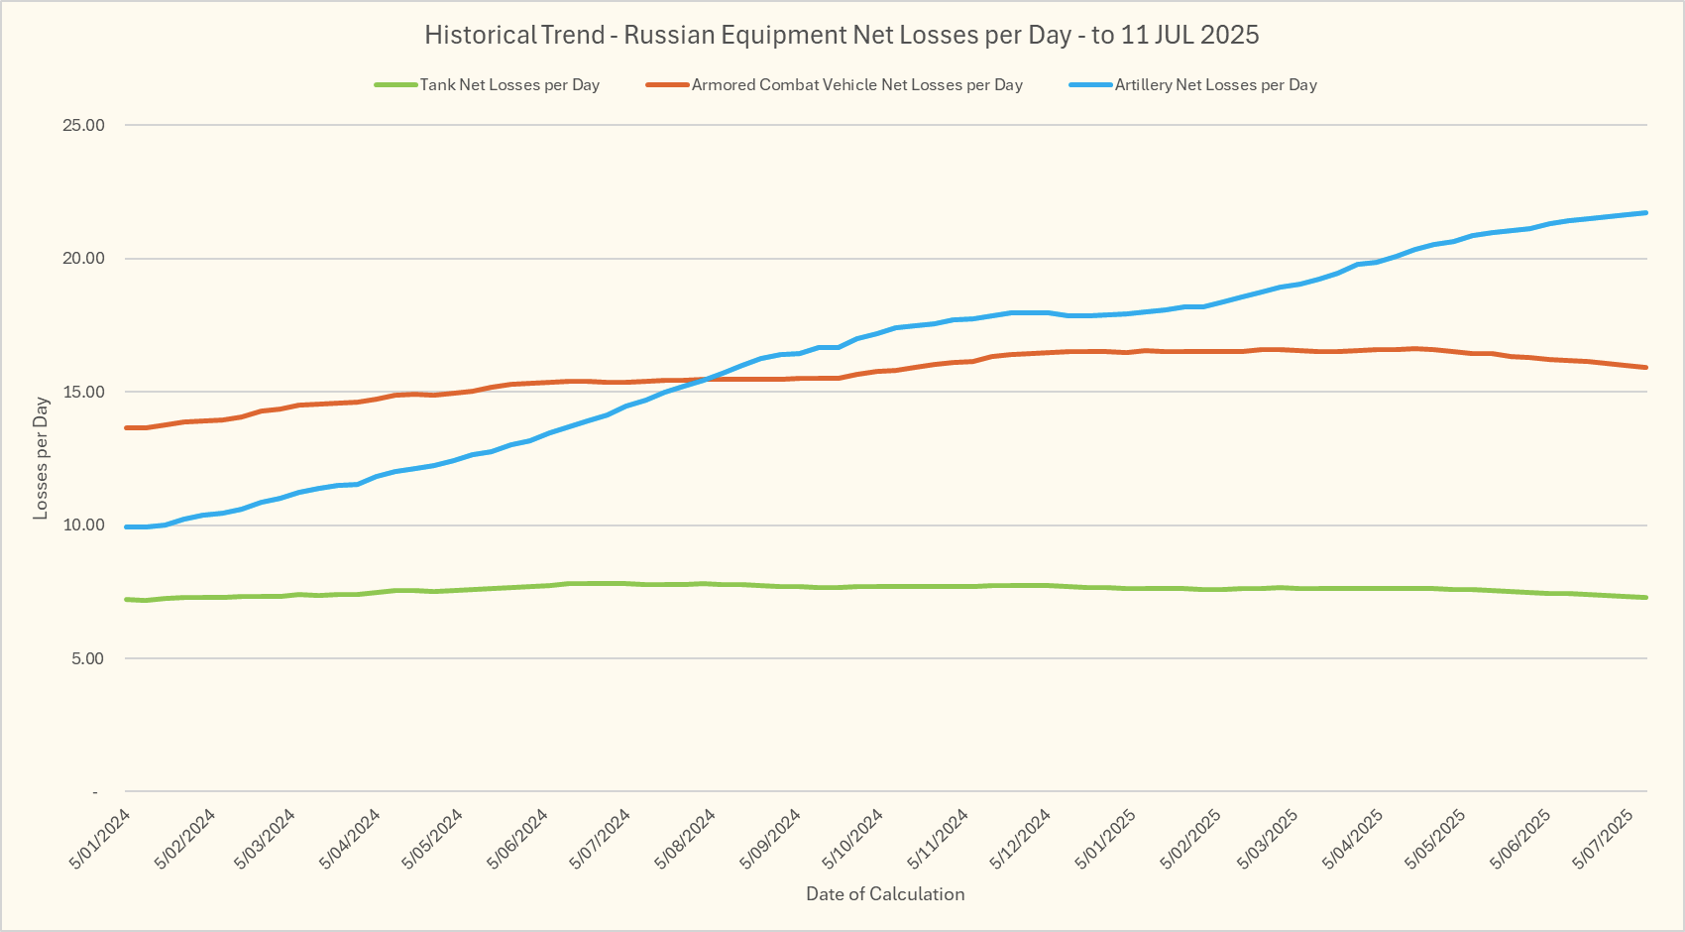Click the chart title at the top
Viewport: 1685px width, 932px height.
(842, 35)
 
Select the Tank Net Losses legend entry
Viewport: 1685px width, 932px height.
(508, 85)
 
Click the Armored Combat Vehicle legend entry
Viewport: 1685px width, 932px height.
(856, 85)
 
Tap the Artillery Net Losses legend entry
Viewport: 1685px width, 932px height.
(1215, 85)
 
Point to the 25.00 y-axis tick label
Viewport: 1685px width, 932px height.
(83, 125)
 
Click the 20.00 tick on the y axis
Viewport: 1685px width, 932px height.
(83, 259)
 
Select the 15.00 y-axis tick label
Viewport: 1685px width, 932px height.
(83, 392)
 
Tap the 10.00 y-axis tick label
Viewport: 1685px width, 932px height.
(83, 525)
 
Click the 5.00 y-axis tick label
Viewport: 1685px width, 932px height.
(87, 658)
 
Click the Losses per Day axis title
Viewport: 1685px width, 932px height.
(41, 458)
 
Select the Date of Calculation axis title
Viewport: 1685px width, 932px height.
(885, 894)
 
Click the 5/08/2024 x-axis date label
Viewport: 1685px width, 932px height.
(686, 839)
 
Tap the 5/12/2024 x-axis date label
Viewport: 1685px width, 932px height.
(1021, 839)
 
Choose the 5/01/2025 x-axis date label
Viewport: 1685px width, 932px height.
(1105, 839)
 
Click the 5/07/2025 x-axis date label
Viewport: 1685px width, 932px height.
(1603, 839)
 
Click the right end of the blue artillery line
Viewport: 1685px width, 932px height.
(1646, 212)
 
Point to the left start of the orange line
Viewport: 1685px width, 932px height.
(127, 427)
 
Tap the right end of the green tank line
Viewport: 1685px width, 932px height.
(1646, 597)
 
